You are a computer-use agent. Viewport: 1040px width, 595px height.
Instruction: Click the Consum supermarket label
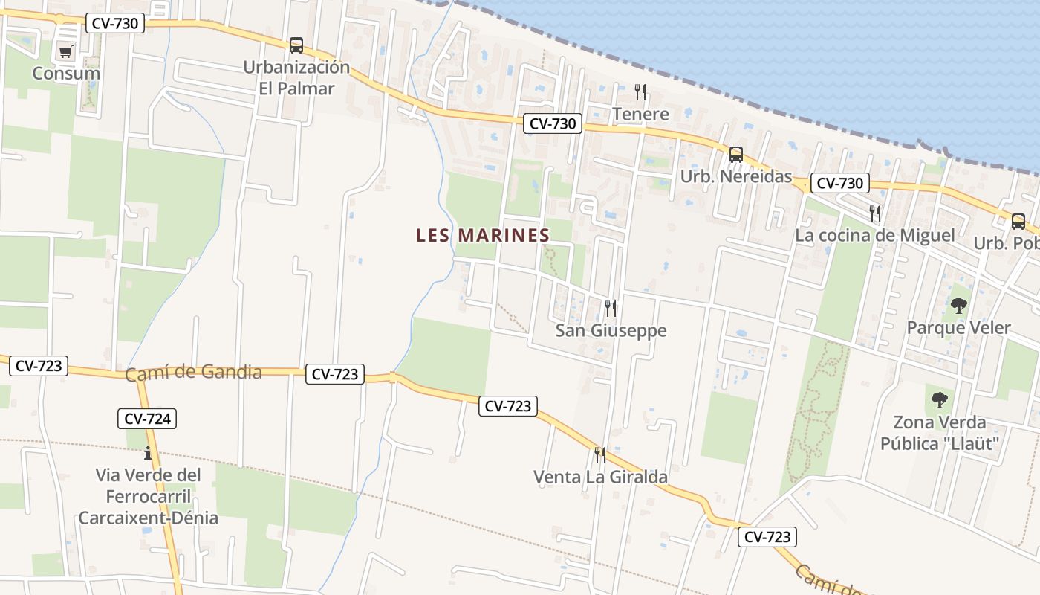tap(66, 74)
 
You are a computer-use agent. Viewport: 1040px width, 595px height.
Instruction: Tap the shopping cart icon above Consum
tap(66, 51)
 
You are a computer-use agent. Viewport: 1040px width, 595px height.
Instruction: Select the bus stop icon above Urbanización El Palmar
tap(296, 45)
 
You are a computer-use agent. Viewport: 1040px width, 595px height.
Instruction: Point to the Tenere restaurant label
tap(640, 115)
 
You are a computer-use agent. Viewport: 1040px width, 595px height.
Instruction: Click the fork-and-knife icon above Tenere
tap(640, 92)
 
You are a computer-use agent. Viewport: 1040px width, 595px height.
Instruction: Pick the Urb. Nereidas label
tap(736, 177)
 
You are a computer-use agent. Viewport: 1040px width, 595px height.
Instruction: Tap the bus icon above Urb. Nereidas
tap(736, 155)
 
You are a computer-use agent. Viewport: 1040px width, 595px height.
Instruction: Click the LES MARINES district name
tap(483, 236)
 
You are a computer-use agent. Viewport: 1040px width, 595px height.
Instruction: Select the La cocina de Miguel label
tap(874, 236)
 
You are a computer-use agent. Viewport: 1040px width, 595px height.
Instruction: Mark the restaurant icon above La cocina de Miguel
tap(874, 213)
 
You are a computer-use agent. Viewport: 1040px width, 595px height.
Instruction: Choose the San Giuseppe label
tap(611, 330)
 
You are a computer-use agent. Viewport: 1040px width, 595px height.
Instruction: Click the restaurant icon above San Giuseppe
tap(611, 308)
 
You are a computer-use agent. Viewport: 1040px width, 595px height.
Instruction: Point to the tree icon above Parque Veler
tap(959, 305)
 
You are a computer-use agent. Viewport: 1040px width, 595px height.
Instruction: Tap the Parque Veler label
tap(959, 328)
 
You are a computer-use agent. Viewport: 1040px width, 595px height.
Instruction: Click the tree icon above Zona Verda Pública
tap(940, 399)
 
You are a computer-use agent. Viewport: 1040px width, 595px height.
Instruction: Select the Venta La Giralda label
tap(600, 477)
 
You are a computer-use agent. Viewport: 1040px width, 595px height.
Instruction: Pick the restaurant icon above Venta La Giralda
tap(600, 454)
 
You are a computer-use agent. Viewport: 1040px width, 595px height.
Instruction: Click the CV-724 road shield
tap(147, 419)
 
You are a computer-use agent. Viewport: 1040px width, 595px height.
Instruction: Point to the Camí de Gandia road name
tap(193, 373)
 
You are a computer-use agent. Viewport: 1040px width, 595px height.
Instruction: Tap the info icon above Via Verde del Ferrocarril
tap(148, 452)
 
